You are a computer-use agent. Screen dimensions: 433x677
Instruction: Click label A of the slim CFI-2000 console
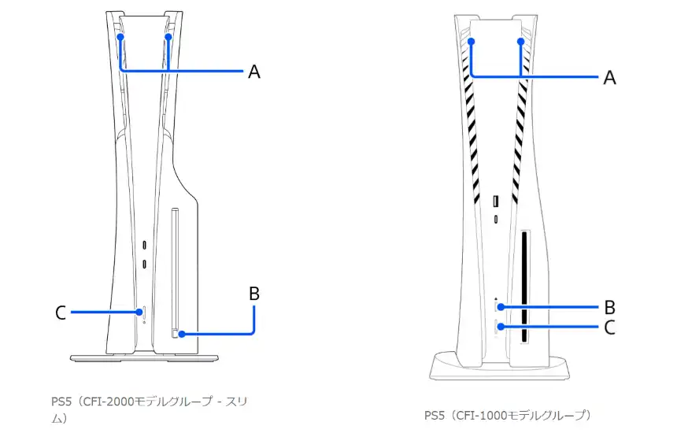click(253, 72)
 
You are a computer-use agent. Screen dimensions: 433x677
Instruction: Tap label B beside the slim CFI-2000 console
click(253, 294)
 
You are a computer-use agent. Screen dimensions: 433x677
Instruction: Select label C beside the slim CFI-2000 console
click(61, 313)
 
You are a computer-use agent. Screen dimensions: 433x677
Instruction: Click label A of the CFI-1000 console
click(609, 77)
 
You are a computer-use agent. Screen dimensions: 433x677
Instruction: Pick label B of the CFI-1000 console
click(609, 307)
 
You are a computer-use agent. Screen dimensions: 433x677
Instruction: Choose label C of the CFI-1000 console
click(609, 327)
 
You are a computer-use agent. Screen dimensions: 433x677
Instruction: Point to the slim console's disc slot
click(174, 272)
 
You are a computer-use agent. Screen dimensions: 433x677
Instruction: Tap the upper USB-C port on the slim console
click(144, 245)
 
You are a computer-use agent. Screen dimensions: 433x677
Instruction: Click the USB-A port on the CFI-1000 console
click(495, 201)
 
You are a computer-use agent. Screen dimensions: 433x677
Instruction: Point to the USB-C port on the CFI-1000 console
click(495, 219)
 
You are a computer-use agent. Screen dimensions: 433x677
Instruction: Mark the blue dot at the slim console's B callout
click(182, 334)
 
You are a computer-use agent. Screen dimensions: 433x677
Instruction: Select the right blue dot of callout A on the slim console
click(169, 36)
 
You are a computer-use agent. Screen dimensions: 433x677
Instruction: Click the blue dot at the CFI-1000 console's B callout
click(498, 307)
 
